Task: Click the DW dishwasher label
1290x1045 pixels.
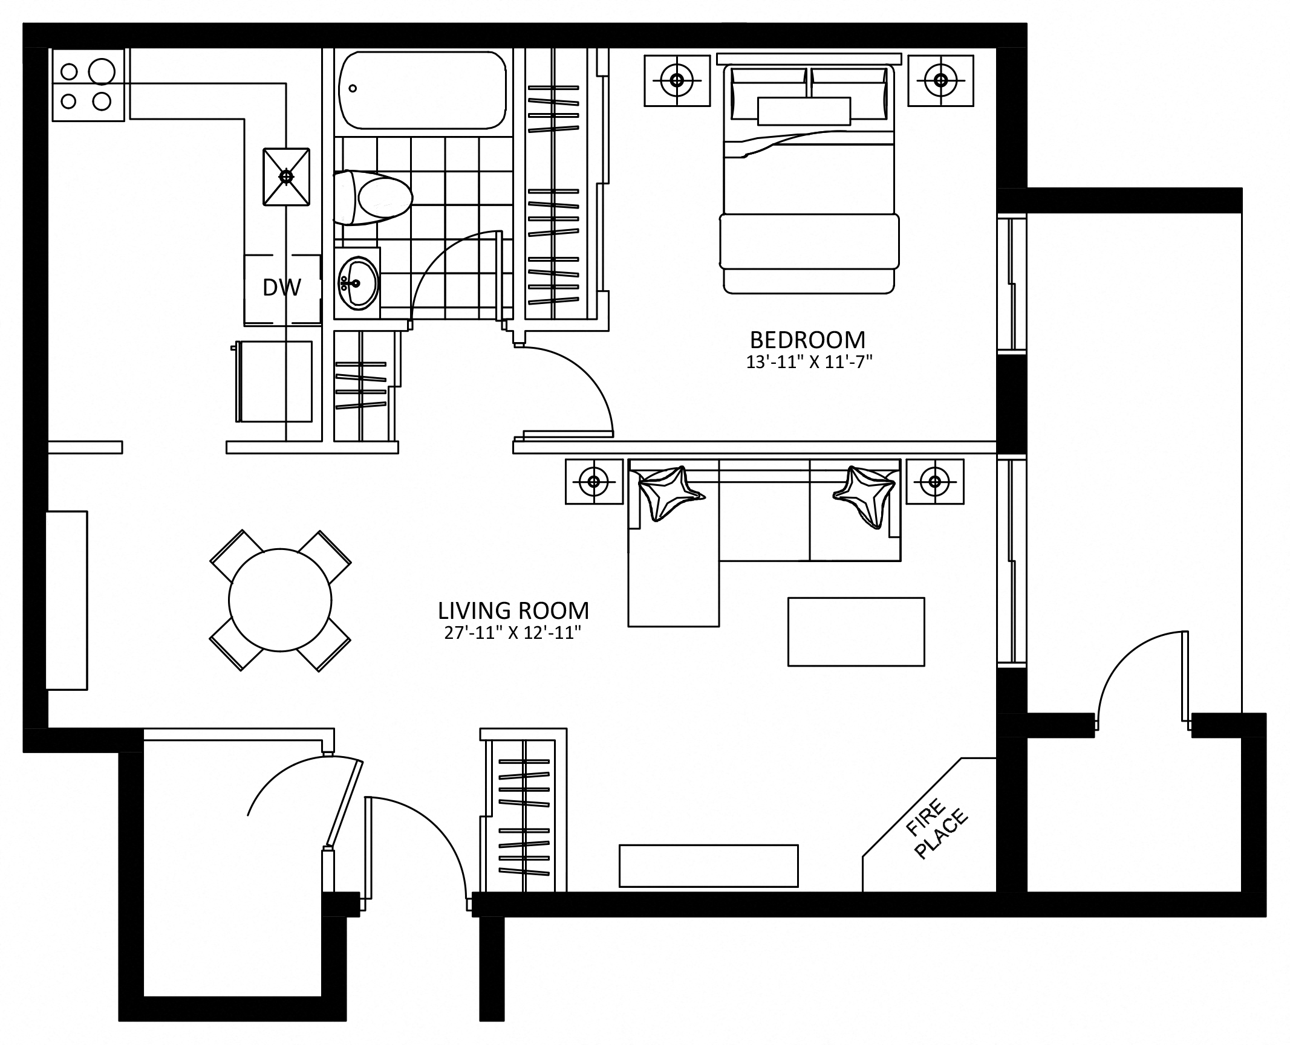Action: point(282,287)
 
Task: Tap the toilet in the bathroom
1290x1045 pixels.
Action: point(373,197)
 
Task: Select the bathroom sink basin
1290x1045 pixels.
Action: point(357,283)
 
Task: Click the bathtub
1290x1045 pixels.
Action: point(422,90)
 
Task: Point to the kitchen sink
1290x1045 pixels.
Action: point(286,176)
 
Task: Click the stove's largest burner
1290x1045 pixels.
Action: point(102,71)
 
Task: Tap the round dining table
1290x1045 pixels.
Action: point(280,600)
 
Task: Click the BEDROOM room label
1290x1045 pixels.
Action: point(807,340)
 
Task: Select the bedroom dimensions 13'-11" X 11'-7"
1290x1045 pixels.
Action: point(809,362)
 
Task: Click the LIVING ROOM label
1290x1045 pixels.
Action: point(513,610)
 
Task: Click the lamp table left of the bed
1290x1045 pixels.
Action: point(677,80)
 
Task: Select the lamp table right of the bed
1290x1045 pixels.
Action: point(940,80)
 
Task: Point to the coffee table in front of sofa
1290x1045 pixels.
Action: point(856,632)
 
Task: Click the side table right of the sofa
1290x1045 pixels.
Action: point(934,481)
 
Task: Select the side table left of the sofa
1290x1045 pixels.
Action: point(594,481)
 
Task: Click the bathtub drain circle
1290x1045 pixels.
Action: point(353,88)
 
